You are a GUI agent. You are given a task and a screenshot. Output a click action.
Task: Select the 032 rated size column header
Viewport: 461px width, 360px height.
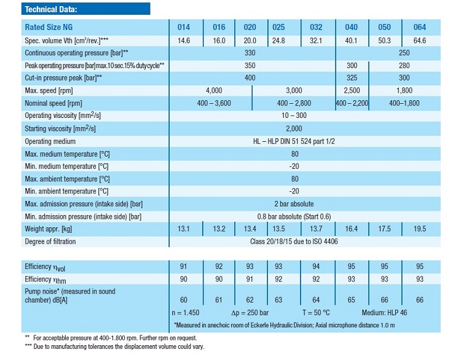pos(316,28)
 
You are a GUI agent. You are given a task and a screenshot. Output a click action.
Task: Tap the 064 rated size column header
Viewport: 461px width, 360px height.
pos(420,28)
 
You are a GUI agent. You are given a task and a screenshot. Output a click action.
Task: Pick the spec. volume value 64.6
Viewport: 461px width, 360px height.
pos(420,41)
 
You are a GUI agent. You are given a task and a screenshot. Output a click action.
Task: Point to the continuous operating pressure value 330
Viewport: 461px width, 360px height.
pos(250,53)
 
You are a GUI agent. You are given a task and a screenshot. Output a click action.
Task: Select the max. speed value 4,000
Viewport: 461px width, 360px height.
pos(214,91)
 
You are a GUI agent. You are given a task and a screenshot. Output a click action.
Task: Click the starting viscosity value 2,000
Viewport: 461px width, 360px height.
pos(294,128)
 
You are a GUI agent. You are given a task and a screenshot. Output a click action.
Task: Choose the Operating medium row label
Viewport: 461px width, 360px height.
pos(50,141)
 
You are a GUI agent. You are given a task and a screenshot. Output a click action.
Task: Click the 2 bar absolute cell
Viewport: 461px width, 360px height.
pos(294,204)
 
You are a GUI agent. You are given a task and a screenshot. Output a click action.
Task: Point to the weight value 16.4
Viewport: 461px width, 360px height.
pos(351,229)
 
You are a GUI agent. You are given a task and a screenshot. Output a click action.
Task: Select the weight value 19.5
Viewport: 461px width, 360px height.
pos(420,229)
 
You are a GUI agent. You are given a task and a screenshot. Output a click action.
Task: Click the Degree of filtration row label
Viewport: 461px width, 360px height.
pos(50,241)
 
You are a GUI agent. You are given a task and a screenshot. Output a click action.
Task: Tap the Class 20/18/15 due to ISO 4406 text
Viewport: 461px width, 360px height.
pos(294,241)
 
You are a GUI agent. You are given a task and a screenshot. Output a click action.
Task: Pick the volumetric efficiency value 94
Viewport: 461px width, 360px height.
pos(316,267)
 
